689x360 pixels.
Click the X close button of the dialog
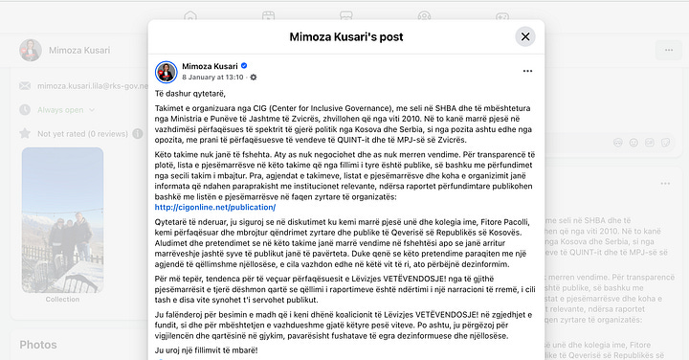(x=525, y=36)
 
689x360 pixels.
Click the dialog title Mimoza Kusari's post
(x=344, y=37)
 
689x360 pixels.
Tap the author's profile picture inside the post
(x=165, y=71)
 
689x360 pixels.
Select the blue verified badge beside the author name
(x=243, y=65)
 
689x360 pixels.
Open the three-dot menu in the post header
(x=525, y=71)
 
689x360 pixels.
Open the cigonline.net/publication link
(x=214, y=207)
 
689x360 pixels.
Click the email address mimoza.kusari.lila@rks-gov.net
(x=91, y=86)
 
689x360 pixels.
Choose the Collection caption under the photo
(x=62, y=300)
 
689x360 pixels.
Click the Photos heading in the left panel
(x=38, y=345)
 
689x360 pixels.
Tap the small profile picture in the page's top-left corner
(x=32, y=51)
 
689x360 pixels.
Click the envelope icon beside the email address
(x=27, y=86)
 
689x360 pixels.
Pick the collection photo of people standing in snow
(x=62, y=220)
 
